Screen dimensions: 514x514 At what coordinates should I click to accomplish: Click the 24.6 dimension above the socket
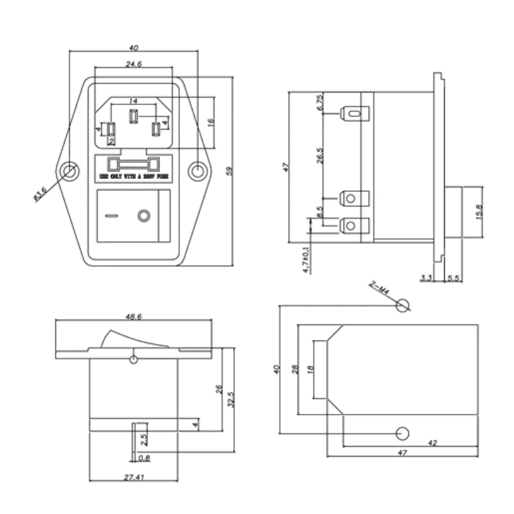pos(133,64)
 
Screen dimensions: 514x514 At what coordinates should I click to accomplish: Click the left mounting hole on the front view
pos(70,171)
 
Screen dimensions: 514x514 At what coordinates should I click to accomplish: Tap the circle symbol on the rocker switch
pos(145,215)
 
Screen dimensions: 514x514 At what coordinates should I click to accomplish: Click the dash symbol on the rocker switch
pos(109,215)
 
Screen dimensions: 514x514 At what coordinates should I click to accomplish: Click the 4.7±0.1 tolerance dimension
pos(306,259)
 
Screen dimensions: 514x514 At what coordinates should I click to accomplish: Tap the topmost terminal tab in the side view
pos(355,112)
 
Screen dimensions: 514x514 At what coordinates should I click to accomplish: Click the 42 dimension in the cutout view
pos(432,443)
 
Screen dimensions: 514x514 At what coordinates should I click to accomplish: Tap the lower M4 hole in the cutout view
pos(403,433)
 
